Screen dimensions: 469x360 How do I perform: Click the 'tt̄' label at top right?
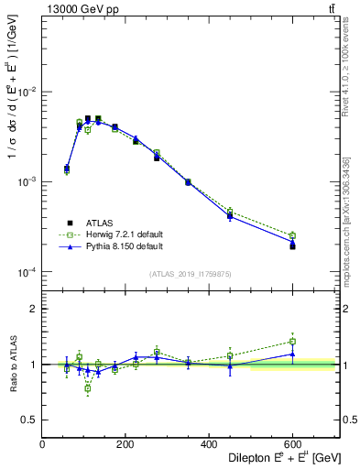[331, 9]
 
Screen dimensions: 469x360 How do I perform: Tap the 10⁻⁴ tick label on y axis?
[31, 272]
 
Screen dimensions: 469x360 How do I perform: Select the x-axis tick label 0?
[42, 442]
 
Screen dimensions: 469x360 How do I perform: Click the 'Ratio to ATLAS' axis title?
[13, 363]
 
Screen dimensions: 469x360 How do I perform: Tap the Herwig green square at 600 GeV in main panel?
[292, 235]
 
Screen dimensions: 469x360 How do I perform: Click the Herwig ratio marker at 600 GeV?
[292, 342]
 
